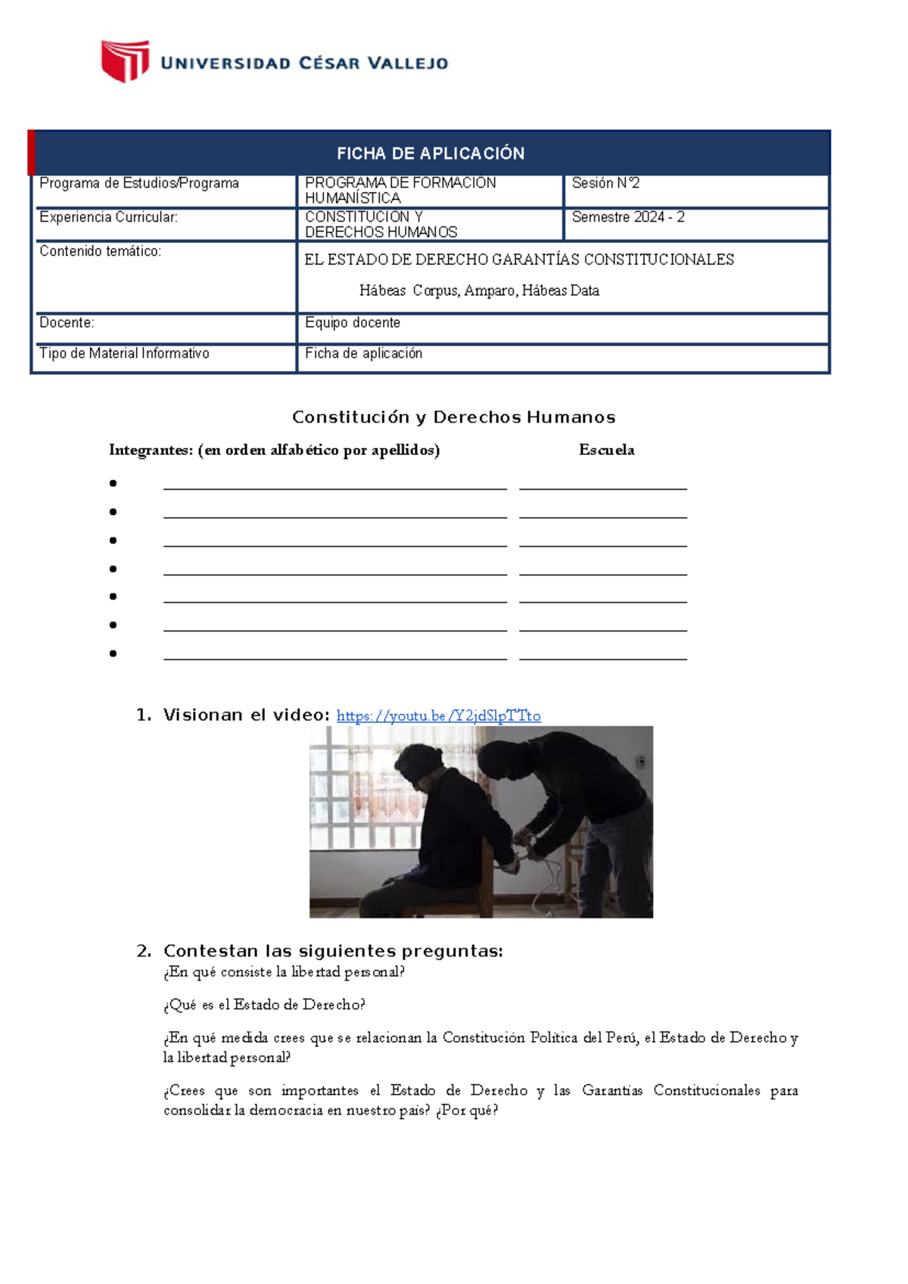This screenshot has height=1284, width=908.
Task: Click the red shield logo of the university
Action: (x=125, y=61)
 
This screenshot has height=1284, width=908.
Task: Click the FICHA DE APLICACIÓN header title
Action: (x=431, y=154)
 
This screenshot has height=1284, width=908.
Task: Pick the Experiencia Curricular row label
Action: (x=108, y=217)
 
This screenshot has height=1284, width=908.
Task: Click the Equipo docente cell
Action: (x=353, y=323)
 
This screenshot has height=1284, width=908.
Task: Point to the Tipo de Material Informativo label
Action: (x=124, y=354)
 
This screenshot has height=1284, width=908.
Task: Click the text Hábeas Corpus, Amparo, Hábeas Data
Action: (x=479, y=291)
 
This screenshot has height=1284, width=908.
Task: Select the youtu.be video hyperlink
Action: (x=438, y=715)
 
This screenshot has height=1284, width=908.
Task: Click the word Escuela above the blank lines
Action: (x=606, y=450)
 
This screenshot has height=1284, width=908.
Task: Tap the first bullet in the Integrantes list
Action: (x=113, y=483)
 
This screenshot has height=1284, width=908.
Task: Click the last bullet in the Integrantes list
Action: (x=113, y=653)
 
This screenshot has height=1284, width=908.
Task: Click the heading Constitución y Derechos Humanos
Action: (x=453, y=417)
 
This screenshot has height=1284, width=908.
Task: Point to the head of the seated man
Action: (x=420, y=765)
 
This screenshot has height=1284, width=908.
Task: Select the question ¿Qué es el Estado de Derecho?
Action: (x=264, y=1005)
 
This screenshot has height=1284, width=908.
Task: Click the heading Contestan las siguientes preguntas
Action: (x=333, y=951)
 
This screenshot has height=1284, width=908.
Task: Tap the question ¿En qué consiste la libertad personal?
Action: (x=284, y=972)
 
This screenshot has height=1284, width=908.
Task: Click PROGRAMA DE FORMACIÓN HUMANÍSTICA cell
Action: (x=400, y=190)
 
